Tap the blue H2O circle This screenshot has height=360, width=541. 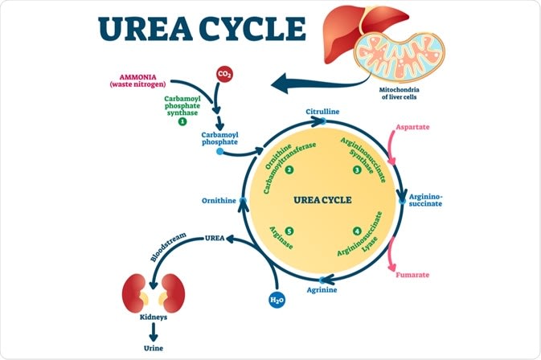coord(276,300)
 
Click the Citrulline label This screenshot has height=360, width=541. coord(321,110)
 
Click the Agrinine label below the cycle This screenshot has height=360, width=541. coord(322,288)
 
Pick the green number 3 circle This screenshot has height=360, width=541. coord(356,170)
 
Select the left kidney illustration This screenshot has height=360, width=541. coord(136,292)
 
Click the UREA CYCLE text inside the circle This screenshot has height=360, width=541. coord(321,199)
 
